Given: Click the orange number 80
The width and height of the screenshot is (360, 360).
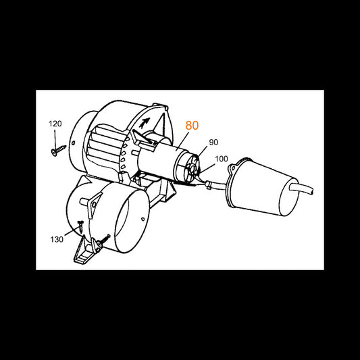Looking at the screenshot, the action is (x=192, y=126).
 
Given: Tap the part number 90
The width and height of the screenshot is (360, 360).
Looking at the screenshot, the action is (x=213, y=143).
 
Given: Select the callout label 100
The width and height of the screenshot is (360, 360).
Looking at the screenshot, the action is (x=222, y=159).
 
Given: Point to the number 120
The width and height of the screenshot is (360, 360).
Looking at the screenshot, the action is (x=55, y=124).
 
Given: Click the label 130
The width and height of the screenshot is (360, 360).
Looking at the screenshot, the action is (x=57, y=240).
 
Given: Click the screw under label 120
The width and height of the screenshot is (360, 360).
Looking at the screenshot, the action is (x=58, y=150).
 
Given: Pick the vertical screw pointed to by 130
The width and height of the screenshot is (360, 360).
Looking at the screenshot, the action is (x=80, y=227).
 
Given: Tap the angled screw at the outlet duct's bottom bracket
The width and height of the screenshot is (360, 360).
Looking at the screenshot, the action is (x=103, y=240).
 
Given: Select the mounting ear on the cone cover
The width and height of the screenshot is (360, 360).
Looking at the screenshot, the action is (x=232, y=168).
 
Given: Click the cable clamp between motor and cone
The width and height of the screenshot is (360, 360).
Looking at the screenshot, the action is (x=209, y=184).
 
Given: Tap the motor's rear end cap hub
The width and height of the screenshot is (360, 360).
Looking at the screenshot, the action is (x=192, y=170).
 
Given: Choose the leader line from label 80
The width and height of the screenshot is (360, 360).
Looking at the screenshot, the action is (x=182, y=142).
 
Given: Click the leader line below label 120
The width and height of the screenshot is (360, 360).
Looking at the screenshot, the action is (x=55, y=139).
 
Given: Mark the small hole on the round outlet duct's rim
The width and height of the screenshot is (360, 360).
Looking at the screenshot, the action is (x=143, y=219).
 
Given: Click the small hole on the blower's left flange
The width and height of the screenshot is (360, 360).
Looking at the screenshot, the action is (x=73, y=143).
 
